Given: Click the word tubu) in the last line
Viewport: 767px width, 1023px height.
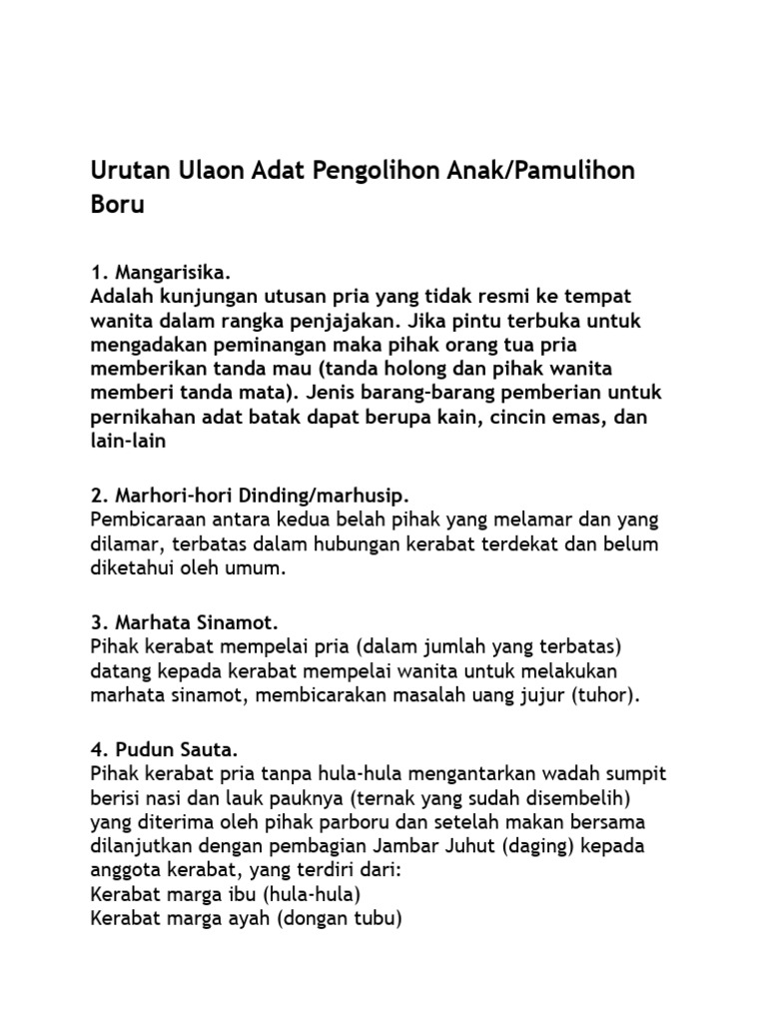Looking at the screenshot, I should pos(379,918).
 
